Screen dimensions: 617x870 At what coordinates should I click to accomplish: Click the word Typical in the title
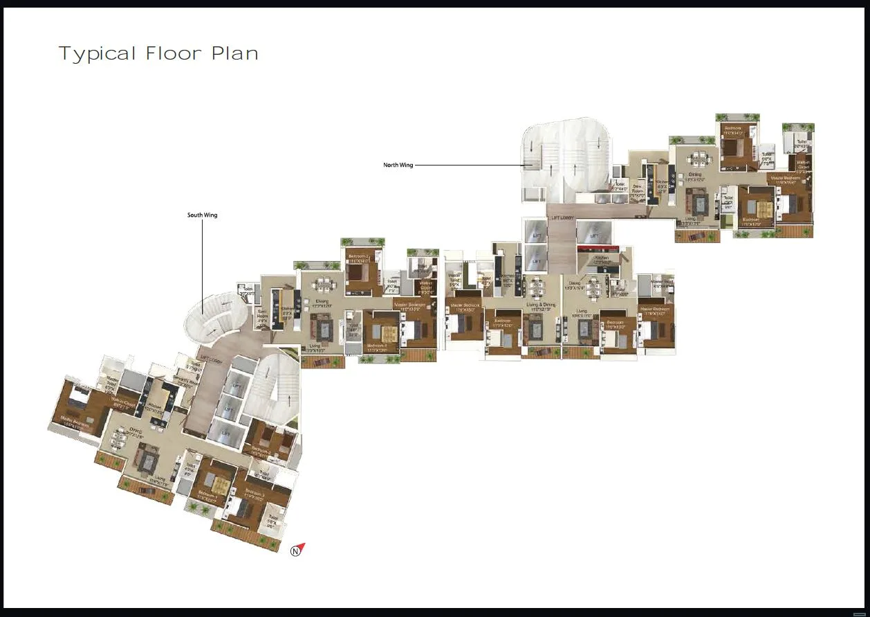(98, 54)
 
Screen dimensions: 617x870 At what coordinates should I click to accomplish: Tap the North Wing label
(398, 165)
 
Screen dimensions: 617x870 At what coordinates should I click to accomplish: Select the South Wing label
(202, 215)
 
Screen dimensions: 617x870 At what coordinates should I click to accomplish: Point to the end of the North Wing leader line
(523, 166)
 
